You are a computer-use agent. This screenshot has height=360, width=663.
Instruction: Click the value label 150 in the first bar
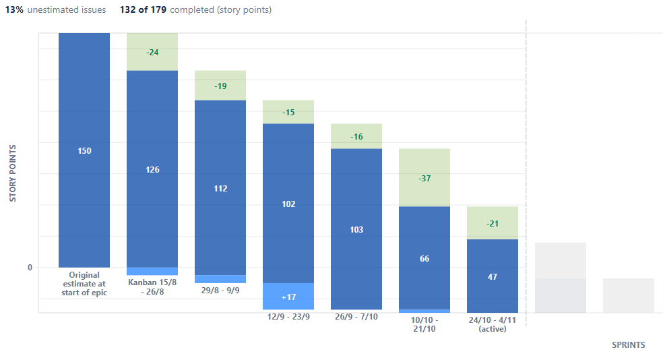click(84, 151)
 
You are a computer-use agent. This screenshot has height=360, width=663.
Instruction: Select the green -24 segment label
click(152, 52)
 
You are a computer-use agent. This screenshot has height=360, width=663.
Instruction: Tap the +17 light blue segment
click(288, 297)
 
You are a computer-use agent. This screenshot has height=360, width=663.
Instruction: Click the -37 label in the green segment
click(424, 179)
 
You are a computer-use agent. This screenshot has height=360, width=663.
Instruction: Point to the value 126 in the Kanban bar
click(152, 169)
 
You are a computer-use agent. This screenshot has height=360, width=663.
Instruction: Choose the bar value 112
click(220, 188)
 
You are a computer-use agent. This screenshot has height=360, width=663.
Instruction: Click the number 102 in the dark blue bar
click(288, 204)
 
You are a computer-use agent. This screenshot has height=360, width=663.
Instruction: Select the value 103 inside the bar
click(356, 230)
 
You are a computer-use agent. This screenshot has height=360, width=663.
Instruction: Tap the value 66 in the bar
click(424, 259)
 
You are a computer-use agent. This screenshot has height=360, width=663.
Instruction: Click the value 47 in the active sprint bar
click(493, 276)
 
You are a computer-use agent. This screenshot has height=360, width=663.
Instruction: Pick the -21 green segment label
click(493, 223)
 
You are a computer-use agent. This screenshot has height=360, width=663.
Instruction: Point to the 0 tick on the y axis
click(30, 268)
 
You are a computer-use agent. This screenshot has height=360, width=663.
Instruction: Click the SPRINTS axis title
click(628, 345)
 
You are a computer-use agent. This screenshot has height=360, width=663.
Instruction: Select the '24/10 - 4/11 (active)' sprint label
click(493, 324)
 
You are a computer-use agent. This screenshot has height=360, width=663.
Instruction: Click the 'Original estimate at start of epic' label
click(84, 284)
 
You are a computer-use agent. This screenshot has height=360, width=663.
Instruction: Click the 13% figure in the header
click(14, 10)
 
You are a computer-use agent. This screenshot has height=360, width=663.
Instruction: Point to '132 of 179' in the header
click(143, 10)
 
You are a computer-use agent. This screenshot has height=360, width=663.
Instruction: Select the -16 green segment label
click(356, 137)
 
